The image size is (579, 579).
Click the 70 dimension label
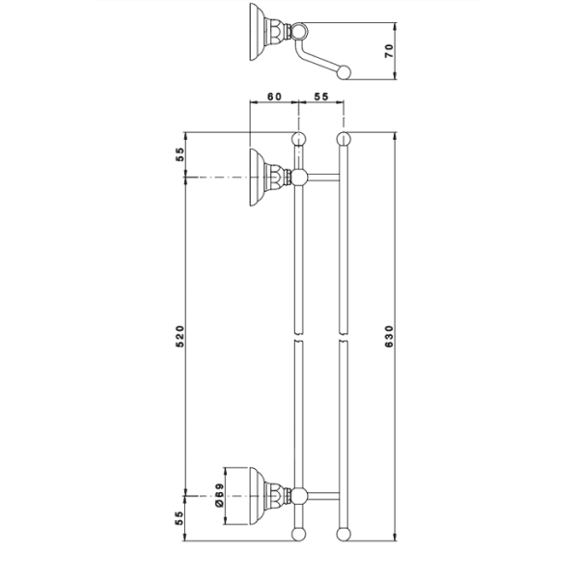[389, 51]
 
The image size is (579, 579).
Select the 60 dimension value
[274, 96]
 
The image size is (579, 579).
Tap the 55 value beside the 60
[321, 96]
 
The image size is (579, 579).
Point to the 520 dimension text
[179, 336]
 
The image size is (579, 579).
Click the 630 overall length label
[389, 336]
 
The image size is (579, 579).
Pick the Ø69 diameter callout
[219, 495]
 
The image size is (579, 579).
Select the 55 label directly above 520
[179, 154]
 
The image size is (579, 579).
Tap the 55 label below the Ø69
[179, 518]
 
